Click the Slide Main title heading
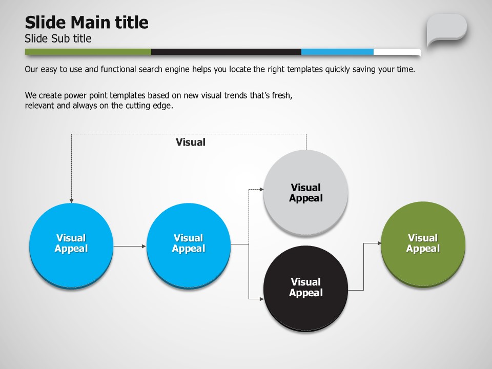click(87, 23)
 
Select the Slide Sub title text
click(58, 38)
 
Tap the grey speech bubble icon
click(446, 30)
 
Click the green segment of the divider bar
click(88, 52)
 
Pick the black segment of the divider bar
click(226, 52)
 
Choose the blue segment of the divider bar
click(337, 52)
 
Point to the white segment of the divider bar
click(397, 52)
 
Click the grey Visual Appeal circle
click(305, 192)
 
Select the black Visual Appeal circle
click(305, 288)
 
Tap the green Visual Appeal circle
click(423, 244)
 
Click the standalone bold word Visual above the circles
click(191, 142)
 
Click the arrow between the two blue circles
click(130, 247)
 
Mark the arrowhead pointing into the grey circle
click(262, 189)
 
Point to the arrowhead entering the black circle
click(262, 299)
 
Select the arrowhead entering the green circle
click(379, 243)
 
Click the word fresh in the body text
click(282, 95)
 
